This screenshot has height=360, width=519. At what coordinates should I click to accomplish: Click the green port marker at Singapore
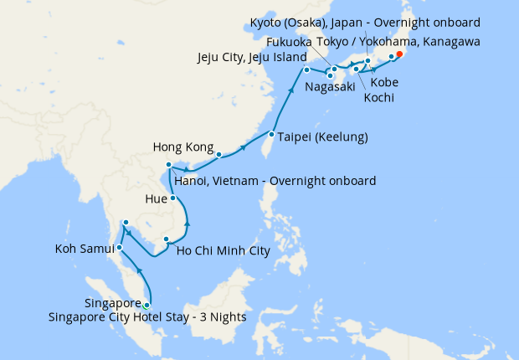click(x=147, y=305)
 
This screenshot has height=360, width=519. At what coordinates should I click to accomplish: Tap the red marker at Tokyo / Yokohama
click(x=399, y=55)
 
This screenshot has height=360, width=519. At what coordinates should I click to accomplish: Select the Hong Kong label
click(x=182, y=147)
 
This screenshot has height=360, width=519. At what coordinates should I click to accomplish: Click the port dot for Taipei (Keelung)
click(x=272, y=134)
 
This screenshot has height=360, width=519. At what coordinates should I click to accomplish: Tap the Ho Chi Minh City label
click(x=224, y=249)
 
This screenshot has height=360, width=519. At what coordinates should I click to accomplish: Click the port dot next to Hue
click(x=173, y=198)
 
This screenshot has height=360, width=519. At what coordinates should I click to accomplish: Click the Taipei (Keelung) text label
click(x=322, y=136)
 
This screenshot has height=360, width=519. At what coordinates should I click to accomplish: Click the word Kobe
click(x=384, y=82)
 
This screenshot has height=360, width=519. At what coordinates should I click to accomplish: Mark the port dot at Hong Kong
click(x=218, y=155)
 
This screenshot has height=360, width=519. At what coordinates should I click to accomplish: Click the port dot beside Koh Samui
click(x=120, y=247)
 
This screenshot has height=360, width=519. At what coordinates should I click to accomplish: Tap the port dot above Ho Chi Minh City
click(x=167, y=239)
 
